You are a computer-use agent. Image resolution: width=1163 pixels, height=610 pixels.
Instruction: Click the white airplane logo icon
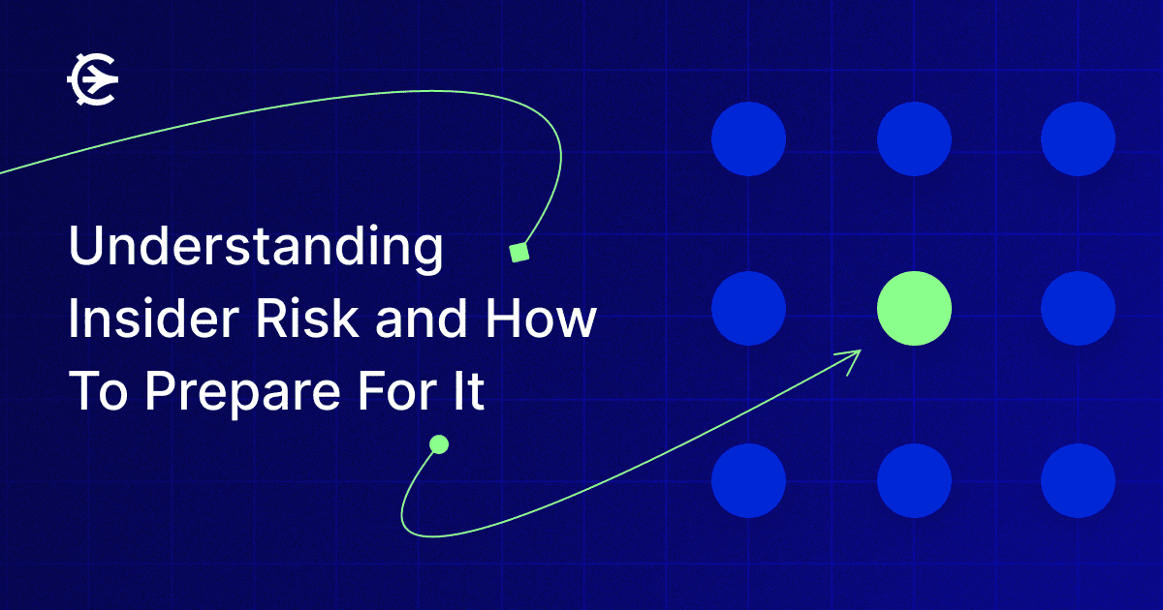tap(93, 79)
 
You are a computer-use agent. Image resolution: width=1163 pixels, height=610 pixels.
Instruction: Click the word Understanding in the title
tap(256, 249)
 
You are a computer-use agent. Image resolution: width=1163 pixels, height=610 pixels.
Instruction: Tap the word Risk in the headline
tap(307, 318)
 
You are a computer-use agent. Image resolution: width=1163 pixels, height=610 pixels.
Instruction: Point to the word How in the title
tap(541, 318)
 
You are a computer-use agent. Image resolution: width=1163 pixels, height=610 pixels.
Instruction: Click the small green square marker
tap(519, 253)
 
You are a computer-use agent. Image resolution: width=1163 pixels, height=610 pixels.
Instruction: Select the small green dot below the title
tap(439, 444)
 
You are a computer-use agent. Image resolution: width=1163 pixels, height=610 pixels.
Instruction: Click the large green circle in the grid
tap(914, 308)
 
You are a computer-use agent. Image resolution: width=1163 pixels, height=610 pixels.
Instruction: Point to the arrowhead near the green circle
tap(851, 359)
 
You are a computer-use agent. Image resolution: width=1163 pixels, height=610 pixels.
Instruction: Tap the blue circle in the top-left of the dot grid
tap(748, 139)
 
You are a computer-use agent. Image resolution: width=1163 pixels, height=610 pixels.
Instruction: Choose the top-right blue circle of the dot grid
tap(1079, 139)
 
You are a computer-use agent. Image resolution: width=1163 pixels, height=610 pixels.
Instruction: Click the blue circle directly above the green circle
tap(914, 139)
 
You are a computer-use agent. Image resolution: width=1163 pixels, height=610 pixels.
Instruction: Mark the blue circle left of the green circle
tap(748, 308)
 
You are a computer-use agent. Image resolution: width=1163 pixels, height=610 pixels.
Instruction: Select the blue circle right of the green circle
tap(1079, 308)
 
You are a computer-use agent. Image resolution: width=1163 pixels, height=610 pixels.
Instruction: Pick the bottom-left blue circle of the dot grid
tap(748, 481)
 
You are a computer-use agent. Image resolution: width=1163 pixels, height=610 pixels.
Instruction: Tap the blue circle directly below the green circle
tap(914, 481)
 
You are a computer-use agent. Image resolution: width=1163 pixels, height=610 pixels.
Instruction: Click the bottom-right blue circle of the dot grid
tap(1079, 481)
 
